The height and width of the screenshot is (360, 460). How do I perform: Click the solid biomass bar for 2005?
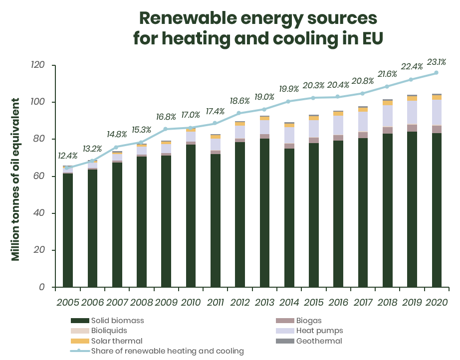pos(68,230)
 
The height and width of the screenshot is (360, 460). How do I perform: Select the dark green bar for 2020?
pos(437,210)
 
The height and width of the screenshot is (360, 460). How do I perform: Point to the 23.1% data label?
pos(437,62)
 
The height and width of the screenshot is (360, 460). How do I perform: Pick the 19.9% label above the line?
pos(289,89)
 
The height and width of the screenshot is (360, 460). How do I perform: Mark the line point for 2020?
pos(436,73)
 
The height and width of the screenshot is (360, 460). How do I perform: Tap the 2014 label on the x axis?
pos(289,303)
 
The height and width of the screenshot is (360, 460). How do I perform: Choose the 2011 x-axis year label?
pos(215,303)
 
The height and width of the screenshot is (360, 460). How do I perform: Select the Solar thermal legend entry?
pos(116,341)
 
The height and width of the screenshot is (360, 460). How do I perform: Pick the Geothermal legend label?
pos(319,341)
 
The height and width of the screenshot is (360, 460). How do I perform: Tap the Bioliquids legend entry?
pos(109,331)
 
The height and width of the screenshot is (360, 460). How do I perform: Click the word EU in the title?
pos(370,38)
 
